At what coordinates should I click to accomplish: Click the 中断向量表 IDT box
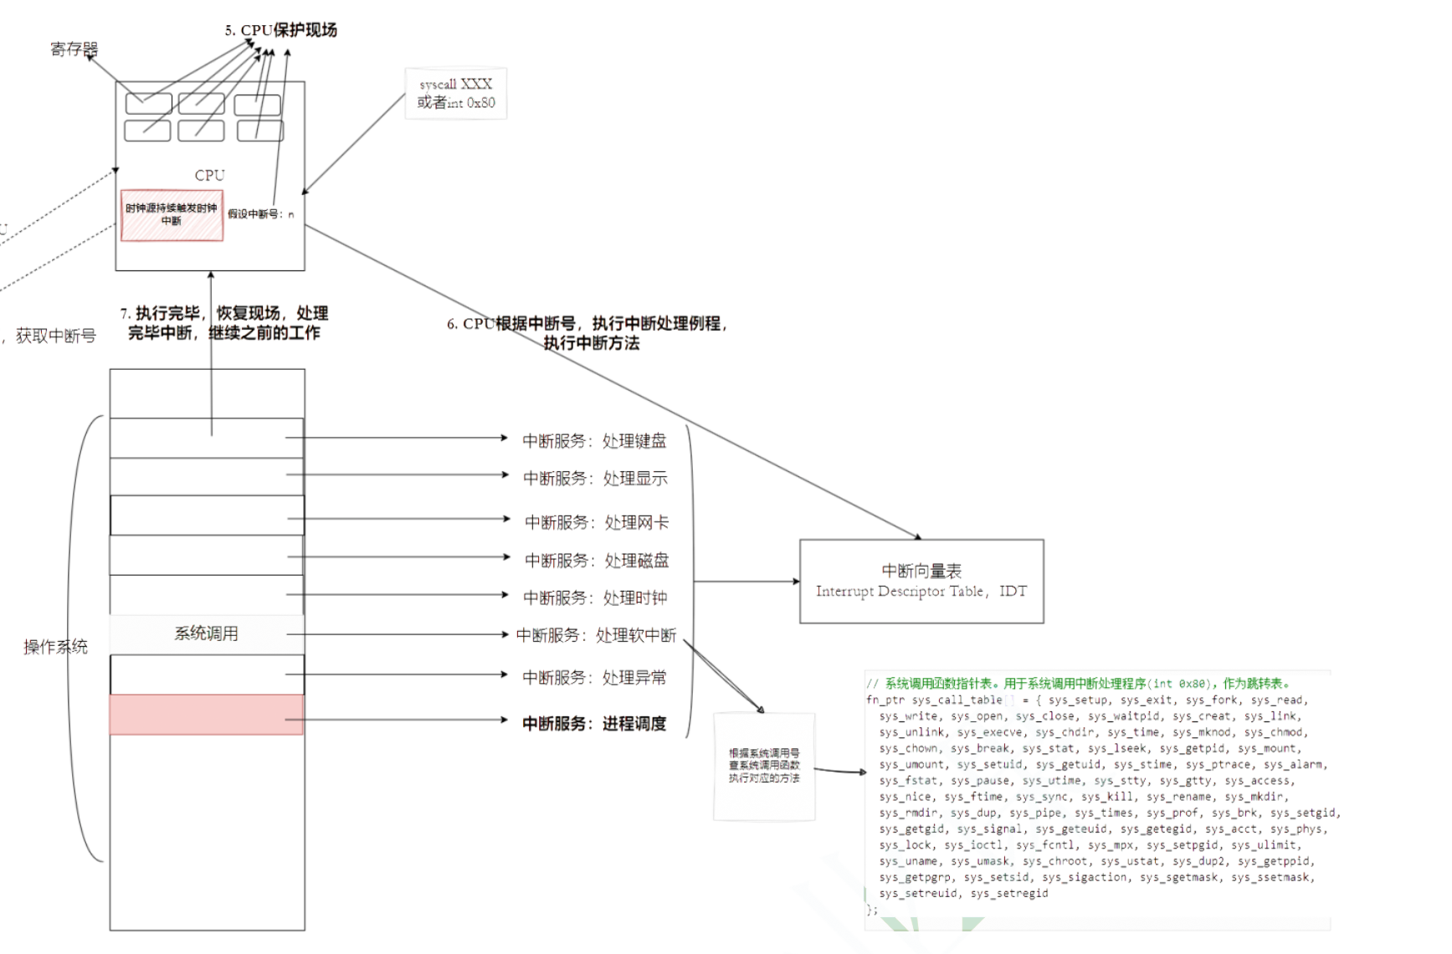click(921, 581)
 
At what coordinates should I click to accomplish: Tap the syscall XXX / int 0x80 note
click(456, 94)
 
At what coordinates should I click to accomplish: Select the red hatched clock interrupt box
click(172, 215)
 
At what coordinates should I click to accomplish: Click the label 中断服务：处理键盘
click(594, 441)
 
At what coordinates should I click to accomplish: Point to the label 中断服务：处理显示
click(595, 479)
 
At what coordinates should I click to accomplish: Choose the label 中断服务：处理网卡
click(597, 523)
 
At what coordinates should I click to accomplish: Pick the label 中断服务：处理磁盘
click(597, 561)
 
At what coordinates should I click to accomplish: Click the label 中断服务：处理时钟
click(595, 598)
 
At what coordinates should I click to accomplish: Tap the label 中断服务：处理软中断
click(596, 636)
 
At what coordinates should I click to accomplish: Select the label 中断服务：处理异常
click(594, 678)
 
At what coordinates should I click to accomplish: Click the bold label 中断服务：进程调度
click(594, 724)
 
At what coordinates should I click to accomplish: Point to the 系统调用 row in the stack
click(207, 633)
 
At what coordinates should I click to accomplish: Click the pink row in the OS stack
click(207, 715)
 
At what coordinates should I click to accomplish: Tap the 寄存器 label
click(74, 49)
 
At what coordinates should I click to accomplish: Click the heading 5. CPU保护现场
click(281, 30)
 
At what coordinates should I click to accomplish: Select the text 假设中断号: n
click(261, 214)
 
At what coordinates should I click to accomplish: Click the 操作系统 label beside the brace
click(55, 647)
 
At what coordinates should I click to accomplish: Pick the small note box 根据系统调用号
click(764, 766)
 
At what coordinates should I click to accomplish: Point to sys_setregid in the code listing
click(1009, 894)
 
